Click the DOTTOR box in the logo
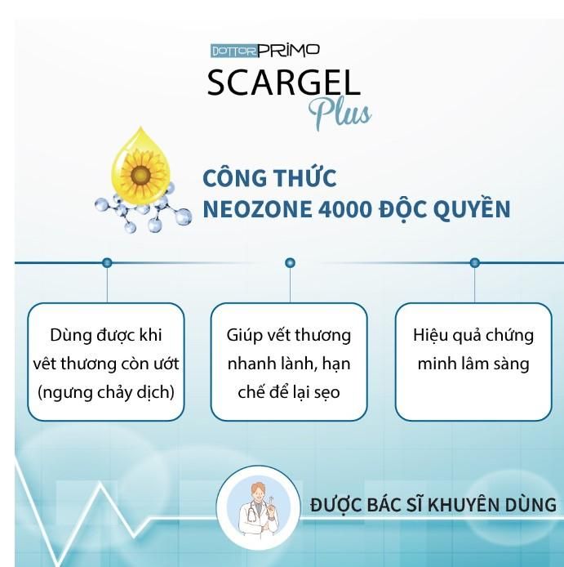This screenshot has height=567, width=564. (x=233, y=51)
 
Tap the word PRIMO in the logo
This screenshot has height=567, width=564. (x=289, y=51)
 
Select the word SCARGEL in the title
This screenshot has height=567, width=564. (x=283, y=83)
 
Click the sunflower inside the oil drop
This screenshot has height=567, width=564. (x=141, y=176)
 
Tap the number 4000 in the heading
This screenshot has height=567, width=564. (x=344, y=209)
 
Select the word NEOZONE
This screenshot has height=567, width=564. (x=257, y=209)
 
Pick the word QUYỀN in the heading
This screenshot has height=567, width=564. (x=472, y=208)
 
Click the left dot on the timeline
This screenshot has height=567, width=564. (x=107, y=262)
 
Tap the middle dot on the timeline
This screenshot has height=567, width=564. (x=290, y=262)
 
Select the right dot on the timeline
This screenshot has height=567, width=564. (x=474, y=262)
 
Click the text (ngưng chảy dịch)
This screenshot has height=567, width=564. (x=106, y=392)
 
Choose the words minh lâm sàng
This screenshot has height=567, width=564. (x=473, y=364)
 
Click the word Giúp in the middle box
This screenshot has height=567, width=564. (x=244, y=336)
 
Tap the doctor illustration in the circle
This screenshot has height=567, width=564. (x=258, y=507)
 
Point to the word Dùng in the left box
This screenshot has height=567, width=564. (x=70, y=336)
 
